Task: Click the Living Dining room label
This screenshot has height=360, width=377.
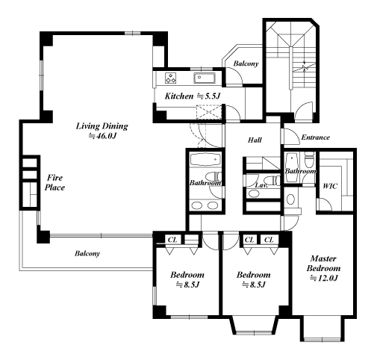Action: pos(102,126)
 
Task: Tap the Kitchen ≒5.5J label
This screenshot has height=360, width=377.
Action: pos(193,96)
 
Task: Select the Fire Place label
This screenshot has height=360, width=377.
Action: pos(54,182)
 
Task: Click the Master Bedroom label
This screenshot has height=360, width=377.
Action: pos(323,264)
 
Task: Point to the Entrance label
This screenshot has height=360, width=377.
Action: pos(316,137)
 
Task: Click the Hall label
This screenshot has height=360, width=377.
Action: pos(255,140)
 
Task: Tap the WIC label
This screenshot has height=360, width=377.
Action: pos(330,186)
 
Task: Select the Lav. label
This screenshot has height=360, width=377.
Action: pos(261,185)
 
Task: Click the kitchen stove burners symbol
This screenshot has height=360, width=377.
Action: pos(171,78)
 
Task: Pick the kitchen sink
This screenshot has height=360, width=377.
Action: pos(204,78)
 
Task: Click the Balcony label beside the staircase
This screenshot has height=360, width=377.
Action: pos(246,63)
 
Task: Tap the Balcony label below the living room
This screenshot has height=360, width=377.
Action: pos(87,253)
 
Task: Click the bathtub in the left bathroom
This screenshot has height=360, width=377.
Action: pos(205,160)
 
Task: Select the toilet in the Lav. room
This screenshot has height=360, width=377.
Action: pos(272,180)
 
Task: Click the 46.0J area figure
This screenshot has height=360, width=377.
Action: pos(103,136)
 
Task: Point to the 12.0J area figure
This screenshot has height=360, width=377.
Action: pos(323,278)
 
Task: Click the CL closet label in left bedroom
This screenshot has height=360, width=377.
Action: pos(172,240)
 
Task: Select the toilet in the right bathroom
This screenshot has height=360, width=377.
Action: pos(309,159)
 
